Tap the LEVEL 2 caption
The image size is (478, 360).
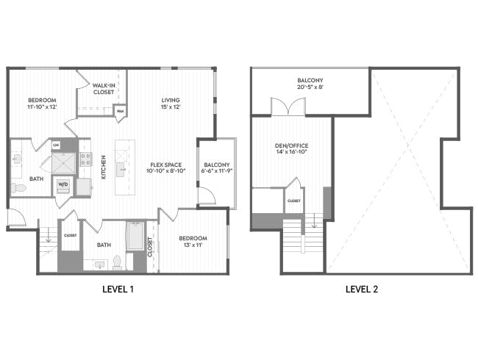[362, 289]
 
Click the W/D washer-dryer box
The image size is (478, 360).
[63, 187]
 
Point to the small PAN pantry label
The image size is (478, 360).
[120, 111]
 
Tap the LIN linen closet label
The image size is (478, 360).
[55, 145]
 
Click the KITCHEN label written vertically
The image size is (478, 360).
[104, 167]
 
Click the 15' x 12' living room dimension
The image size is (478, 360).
[171, 107]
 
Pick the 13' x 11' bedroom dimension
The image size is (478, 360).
[193, 245]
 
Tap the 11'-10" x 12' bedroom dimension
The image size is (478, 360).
[42, 107]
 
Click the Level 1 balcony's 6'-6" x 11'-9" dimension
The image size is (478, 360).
[217, 170]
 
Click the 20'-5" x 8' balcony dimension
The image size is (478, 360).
[310, 87]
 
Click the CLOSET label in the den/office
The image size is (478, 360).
[293, 200]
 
